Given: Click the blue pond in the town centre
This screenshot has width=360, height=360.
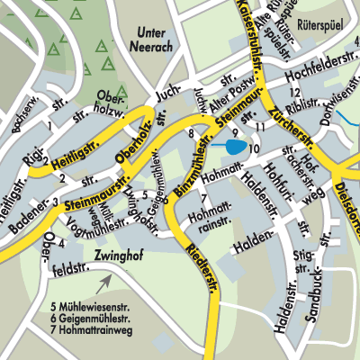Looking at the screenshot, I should click(234, 146).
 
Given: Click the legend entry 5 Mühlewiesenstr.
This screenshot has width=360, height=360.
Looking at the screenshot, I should click(94, 305).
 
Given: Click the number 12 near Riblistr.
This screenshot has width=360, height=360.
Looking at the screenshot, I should click(293, 93).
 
